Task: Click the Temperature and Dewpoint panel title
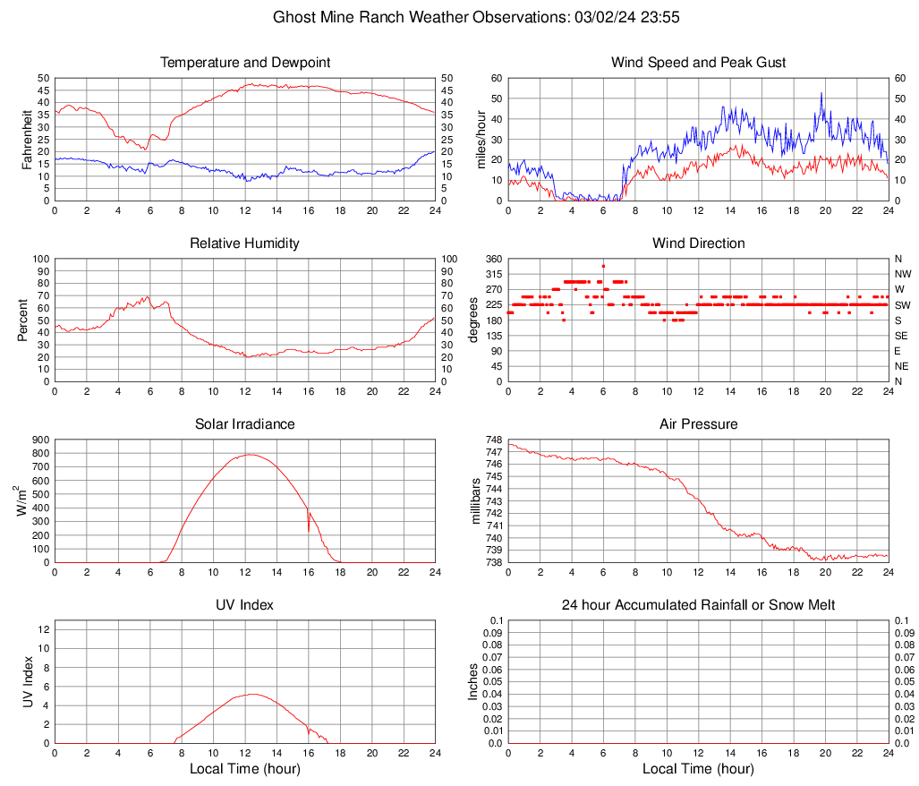coord(245,63)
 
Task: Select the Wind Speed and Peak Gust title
coord(698,63)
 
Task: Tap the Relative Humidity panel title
coord(245,243)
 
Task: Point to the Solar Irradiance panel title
coord(245,424)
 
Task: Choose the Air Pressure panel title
coord(698,424)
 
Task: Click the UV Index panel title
coord(245,605)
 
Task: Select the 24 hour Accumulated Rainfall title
coord(698,605)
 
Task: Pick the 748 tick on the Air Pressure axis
coord(493,440)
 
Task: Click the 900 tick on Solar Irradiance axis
coord(39,440)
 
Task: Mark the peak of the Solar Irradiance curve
coord(249,455)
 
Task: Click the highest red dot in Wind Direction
coord(603,266)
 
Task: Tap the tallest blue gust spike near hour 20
coord(821,93)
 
